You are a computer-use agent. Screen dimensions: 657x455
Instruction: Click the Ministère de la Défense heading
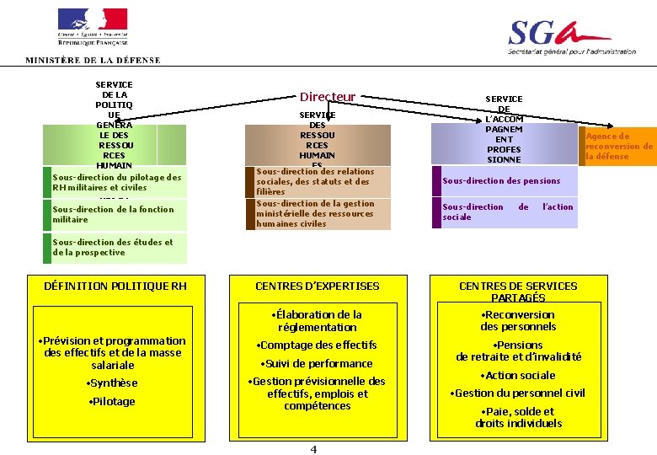tap(93, 61)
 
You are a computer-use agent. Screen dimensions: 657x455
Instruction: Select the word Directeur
tap(328, 98)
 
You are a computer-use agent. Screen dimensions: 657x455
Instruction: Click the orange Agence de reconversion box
tap(619, 146)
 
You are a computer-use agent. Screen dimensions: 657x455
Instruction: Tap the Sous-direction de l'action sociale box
tap(507, 211)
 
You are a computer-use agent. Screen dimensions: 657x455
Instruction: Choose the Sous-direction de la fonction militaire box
tap(114, 214)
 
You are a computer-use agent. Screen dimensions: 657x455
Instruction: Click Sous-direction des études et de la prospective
tap(113, 247)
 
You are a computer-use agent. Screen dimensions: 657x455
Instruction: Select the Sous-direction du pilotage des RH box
tap(116, 182)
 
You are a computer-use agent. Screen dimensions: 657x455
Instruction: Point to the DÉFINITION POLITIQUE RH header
tap(115, 286)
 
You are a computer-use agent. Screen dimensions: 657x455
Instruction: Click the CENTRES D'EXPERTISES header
tap(318, 286)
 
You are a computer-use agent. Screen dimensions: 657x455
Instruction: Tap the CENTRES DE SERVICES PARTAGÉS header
tap(518, 292)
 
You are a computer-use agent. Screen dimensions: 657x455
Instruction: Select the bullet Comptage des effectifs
tap(318, 345)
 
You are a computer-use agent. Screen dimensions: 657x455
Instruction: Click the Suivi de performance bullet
tap(318, 364)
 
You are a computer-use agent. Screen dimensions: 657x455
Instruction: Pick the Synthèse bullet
tap(112, 383)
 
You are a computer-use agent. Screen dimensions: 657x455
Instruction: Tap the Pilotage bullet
tap(112, 402)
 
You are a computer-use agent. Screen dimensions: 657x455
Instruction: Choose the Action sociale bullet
tap(518, 376)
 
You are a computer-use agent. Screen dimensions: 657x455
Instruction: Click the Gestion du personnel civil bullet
tap(518, 393)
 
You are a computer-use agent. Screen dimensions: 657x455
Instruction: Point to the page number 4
tap(313, 449)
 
